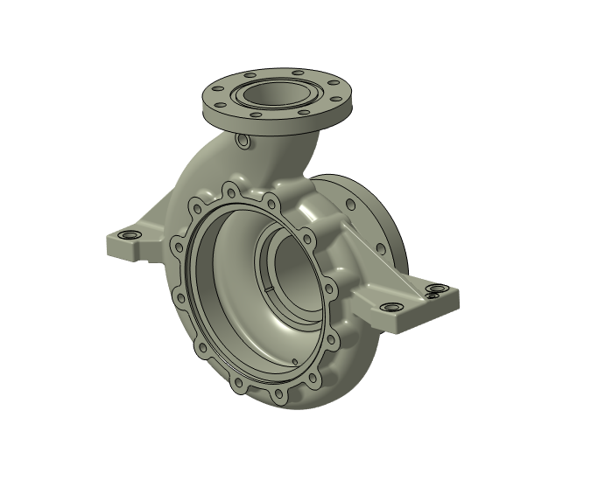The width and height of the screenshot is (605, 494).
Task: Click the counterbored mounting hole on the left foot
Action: tap(130, 236)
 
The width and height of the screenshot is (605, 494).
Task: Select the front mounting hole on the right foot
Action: tap(390, 308)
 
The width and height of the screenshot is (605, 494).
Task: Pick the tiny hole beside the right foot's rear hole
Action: tap(431, 296)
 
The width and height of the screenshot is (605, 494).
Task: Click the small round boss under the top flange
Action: tap(243, 141)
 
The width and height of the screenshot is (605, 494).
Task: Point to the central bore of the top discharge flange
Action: tap(278, 93)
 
